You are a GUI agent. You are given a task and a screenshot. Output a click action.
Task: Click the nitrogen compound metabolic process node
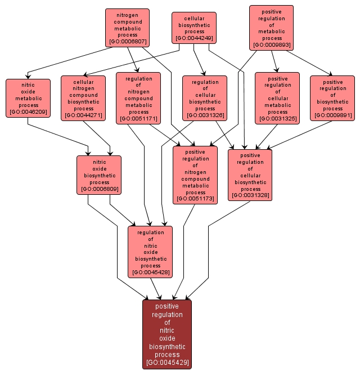127,27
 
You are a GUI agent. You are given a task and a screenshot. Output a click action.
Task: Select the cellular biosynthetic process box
194,28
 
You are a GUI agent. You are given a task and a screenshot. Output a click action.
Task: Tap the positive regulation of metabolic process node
272,27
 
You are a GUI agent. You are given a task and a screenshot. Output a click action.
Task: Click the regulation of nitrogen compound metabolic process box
138,98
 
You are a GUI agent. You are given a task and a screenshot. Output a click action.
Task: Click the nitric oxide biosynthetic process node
99,175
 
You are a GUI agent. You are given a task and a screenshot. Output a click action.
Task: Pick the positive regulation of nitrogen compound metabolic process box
195,175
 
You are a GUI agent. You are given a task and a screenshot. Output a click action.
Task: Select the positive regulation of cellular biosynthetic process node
250,175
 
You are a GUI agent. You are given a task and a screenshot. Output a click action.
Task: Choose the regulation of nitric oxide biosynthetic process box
150,252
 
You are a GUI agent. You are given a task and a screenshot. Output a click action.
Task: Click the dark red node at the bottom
167,334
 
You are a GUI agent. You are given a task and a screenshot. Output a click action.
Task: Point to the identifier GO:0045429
167,363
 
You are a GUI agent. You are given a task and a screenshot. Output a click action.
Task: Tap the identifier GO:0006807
127,42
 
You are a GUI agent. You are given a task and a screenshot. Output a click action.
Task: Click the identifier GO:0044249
194,38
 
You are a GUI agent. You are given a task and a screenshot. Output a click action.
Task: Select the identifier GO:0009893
272,45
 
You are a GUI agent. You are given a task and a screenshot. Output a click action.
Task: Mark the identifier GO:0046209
28,112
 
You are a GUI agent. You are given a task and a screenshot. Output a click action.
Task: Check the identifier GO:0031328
250,195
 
